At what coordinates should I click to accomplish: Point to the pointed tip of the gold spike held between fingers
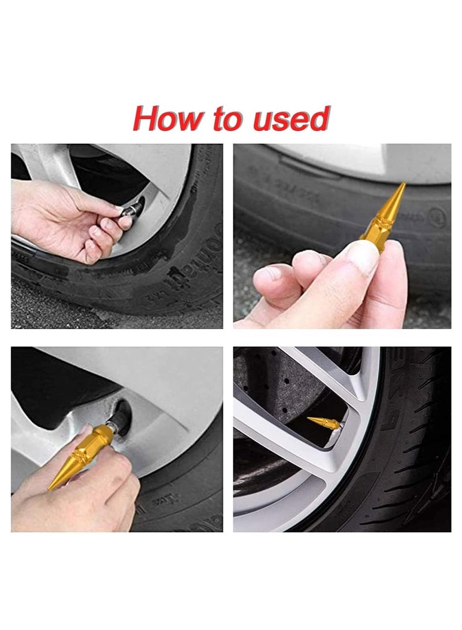[x=403, y=185]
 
